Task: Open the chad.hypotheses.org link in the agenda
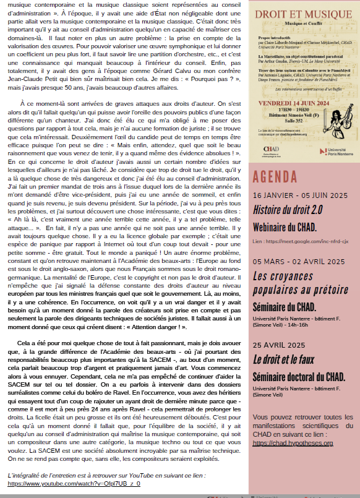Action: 294,443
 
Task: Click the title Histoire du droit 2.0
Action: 288,210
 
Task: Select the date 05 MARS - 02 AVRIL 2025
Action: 298,262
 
